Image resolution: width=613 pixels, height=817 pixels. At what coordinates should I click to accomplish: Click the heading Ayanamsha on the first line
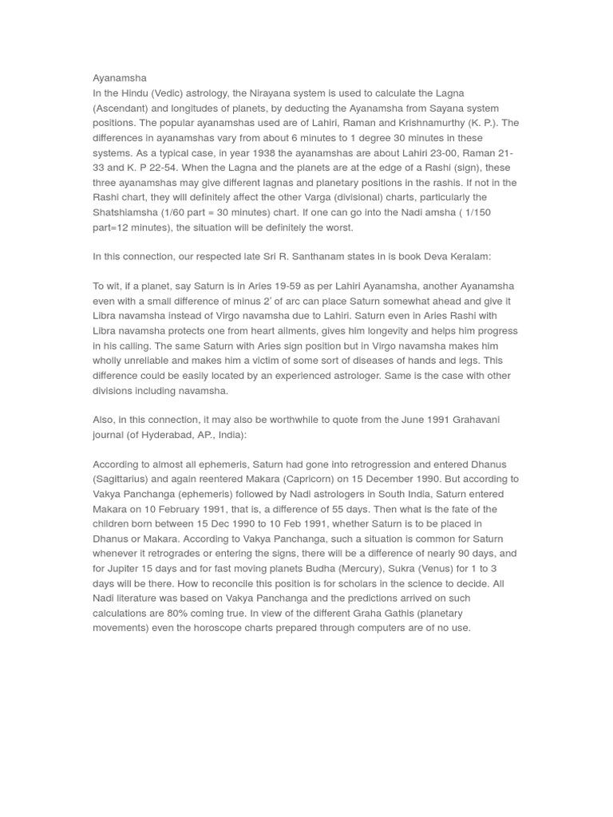click(120, 78)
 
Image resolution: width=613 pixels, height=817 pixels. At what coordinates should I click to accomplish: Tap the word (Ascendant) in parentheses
click(123, 109)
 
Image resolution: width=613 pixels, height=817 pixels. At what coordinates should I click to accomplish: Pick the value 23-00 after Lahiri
click(433, 153)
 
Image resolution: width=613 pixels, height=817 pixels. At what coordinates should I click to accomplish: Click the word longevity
click(386, 331)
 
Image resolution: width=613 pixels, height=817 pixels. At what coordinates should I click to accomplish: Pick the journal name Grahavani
click(472, 420)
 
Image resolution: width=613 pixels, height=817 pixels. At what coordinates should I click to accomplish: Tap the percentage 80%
click(193, 614)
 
